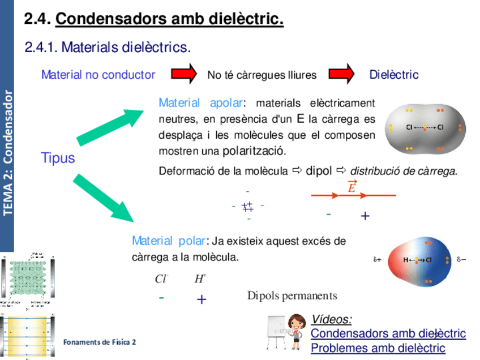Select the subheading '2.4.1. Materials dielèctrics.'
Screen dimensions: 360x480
108,48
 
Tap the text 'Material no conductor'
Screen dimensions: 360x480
98,75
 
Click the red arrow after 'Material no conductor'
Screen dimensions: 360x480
184,74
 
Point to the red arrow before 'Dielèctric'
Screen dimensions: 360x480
341,74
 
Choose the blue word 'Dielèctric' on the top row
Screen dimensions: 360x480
393,75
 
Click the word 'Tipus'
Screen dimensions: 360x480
58,158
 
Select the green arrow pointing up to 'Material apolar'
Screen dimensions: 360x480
111,126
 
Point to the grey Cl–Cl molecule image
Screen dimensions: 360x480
425,129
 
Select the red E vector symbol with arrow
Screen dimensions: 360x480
352,187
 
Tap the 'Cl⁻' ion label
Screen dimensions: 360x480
161,278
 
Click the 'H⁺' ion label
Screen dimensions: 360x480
200,278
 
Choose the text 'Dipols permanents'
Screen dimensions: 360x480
292,295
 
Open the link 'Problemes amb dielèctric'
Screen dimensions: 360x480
378,348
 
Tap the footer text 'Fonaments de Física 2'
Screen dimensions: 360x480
100,342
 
